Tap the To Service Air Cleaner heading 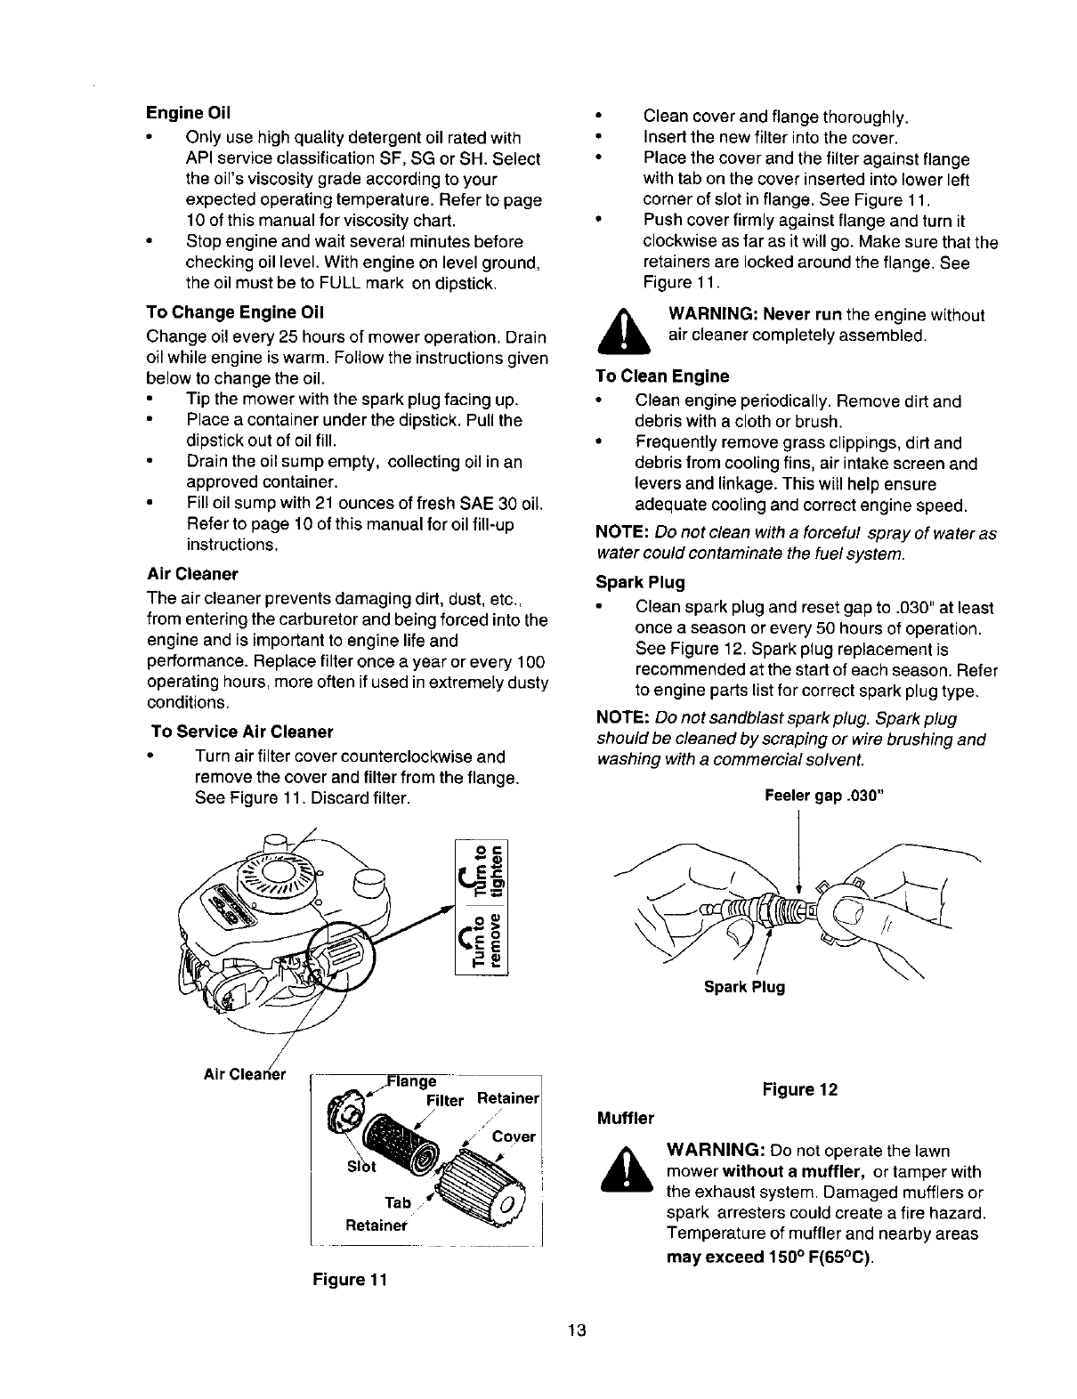click(242, 732)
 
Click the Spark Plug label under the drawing click(744, 987)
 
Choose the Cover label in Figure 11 click(514, 1136)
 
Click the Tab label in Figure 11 click(398, 1202)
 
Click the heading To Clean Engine click(661, 376)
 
